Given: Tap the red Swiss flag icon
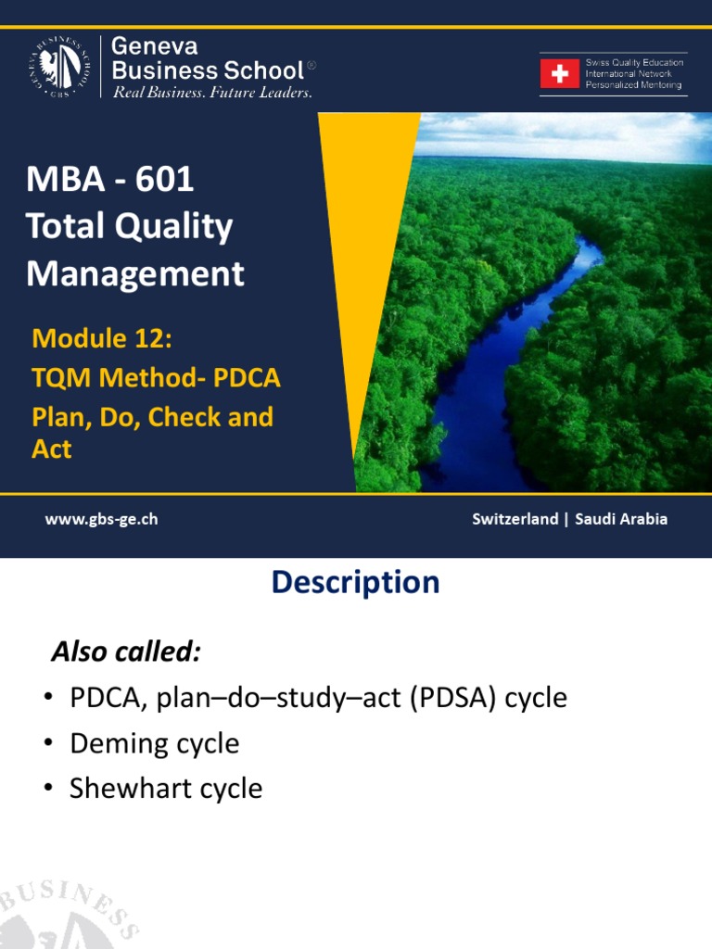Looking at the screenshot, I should tap(560, 74).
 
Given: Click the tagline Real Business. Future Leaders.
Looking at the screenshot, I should tap(212, 93).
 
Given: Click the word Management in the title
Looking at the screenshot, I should tap(135, 274).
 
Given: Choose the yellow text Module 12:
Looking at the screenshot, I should tap(102, 338).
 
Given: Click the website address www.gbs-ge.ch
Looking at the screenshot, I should tap(101, 519).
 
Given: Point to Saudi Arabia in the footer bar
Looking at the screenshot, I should tap(621, 519).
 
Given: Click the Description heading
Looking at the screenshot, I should tap(355, 582).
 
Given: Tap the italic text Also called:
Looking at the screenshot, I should tap(125, 652).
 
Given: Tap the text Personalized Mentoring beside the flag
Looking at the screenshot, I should tap(634, 85).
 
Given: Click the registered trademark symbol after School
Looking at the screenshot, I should tap(311, 65).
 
